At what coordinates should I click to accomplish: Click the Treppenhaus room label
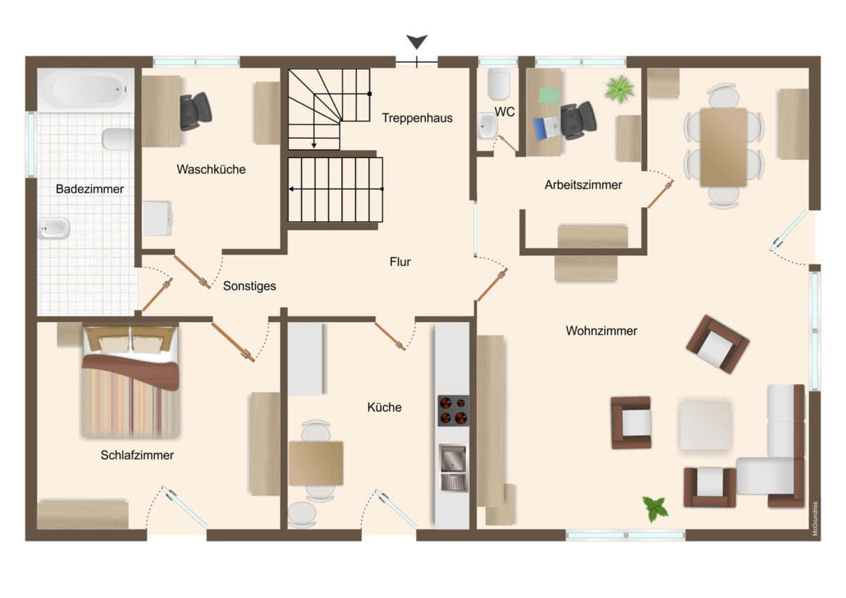(417, 118)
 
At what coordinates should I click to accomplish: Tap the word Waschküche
(211, 169)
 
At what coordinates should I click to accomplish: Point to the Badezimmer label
(90, 189)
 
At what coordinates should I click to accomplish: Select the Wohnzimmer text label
(601, 331)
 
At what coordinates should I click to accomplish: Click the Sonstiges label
(250, 286)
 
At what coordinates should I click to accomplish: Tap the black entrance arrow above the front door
(417, 41)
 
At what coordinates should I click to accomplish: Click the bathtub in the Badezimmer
(86, 90)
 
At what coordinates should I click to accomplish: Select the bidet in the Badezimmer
(54, 228)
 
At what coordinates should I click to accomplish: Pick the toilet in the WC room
(498, 84)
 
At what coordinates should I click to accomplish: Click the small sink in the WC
(488, 126)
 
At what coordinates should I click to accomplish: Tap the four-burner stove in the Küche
(453, 410)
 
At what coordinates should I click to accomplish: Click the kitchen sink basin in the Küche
(453, 468)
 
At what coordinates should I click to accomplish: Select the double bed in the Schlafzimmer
(130, 382)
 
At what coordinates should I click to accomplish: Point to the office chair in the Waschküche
(195, 111)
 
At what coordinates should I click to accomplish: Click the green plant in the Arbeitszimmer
(620, 89)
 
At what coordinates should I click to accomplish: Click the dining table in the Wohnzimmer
(723, 147)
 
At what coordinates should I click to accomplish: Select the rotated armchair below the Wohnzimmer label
(718, 344)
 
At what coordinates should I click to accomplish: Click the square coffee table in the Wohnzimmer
(705, 426)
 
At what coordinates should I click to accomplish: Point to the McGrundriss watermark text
(815, 518)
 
